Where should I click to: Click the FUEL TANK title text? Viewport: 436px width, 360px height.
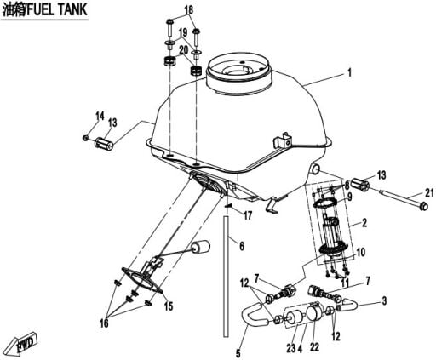coord(44,9)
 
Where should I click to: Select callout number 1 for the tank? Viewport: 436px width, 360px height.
coord(349,72)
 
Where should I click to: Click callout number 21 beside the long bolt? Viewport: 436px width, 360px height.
coord(429,193)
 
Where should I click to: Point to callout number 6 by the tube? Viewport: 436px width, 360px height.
coord(242,246)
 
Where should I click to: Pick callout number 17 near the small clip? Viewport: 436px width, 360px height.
coord(248,215)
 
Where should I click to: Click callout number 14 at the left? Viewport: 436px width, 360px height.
coord(100,116)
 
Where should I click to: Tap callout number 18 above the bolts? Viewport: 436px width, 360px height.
coord(189,9)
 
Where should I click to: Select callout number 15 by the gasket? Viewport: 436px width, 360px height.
coord(169,306)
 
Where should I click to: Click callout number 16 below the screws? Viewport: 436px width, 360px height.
coord(104,323)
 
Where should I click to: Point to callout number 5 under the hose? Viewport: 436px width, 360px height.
coord(238,353)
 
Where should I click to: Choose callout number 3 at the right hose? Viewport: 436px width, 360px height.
coord(384,300)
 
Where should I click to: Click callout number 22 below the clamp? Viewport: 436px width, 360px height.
coord(314,347)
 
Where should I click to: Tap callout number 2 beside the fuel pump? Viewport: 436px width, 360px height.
coord(364,223)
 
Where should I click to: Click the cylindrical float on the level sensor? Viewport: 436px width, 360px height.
coord(200,248)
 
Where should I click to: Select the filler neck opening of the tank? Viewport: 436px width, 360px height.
coord(239,69)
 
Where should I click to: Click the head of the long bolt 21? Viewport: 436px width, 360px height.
coord(423,206)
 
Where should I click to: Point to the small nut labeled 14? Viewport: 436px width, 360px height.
coord(85,138)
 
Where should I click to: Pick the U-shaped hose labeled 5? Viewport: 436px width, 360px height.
coord(254,315)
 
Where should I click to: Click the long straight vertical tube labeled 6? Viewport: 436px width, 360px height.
coord(226,277)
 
